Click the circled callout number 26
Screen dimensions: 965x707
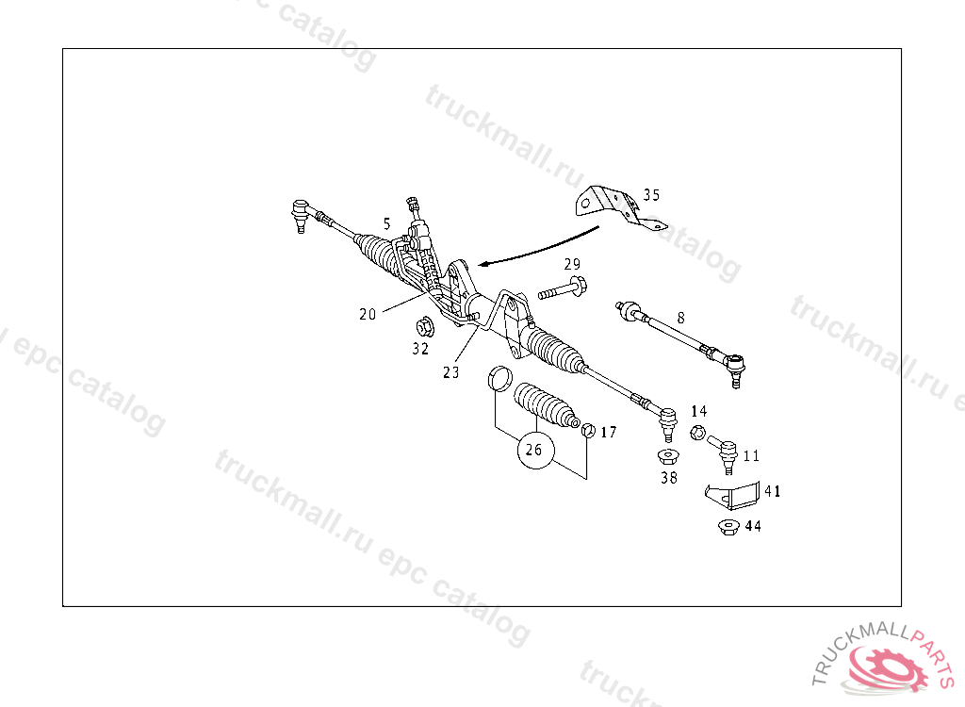coord(533,450)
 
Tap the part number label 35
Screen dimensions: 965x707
coord(651,195)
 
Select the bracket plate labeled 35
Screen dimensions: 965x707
coord(613,207)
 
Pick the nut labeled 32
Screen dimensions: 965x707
coord(424,327)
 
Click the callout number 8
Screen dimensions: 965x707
coord(679,318)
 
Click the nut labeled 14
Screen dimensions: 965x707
coord(696,433)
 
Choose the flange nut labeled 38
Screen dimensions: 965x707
coord(667,458)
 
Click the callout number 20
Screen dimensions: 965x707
coord(368,315)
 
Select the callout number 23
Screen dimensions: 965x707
coord(450,372)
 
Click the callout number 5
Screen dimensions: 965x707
coord(386,223)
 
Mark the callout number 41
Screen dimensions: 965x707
coord(772,491)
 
